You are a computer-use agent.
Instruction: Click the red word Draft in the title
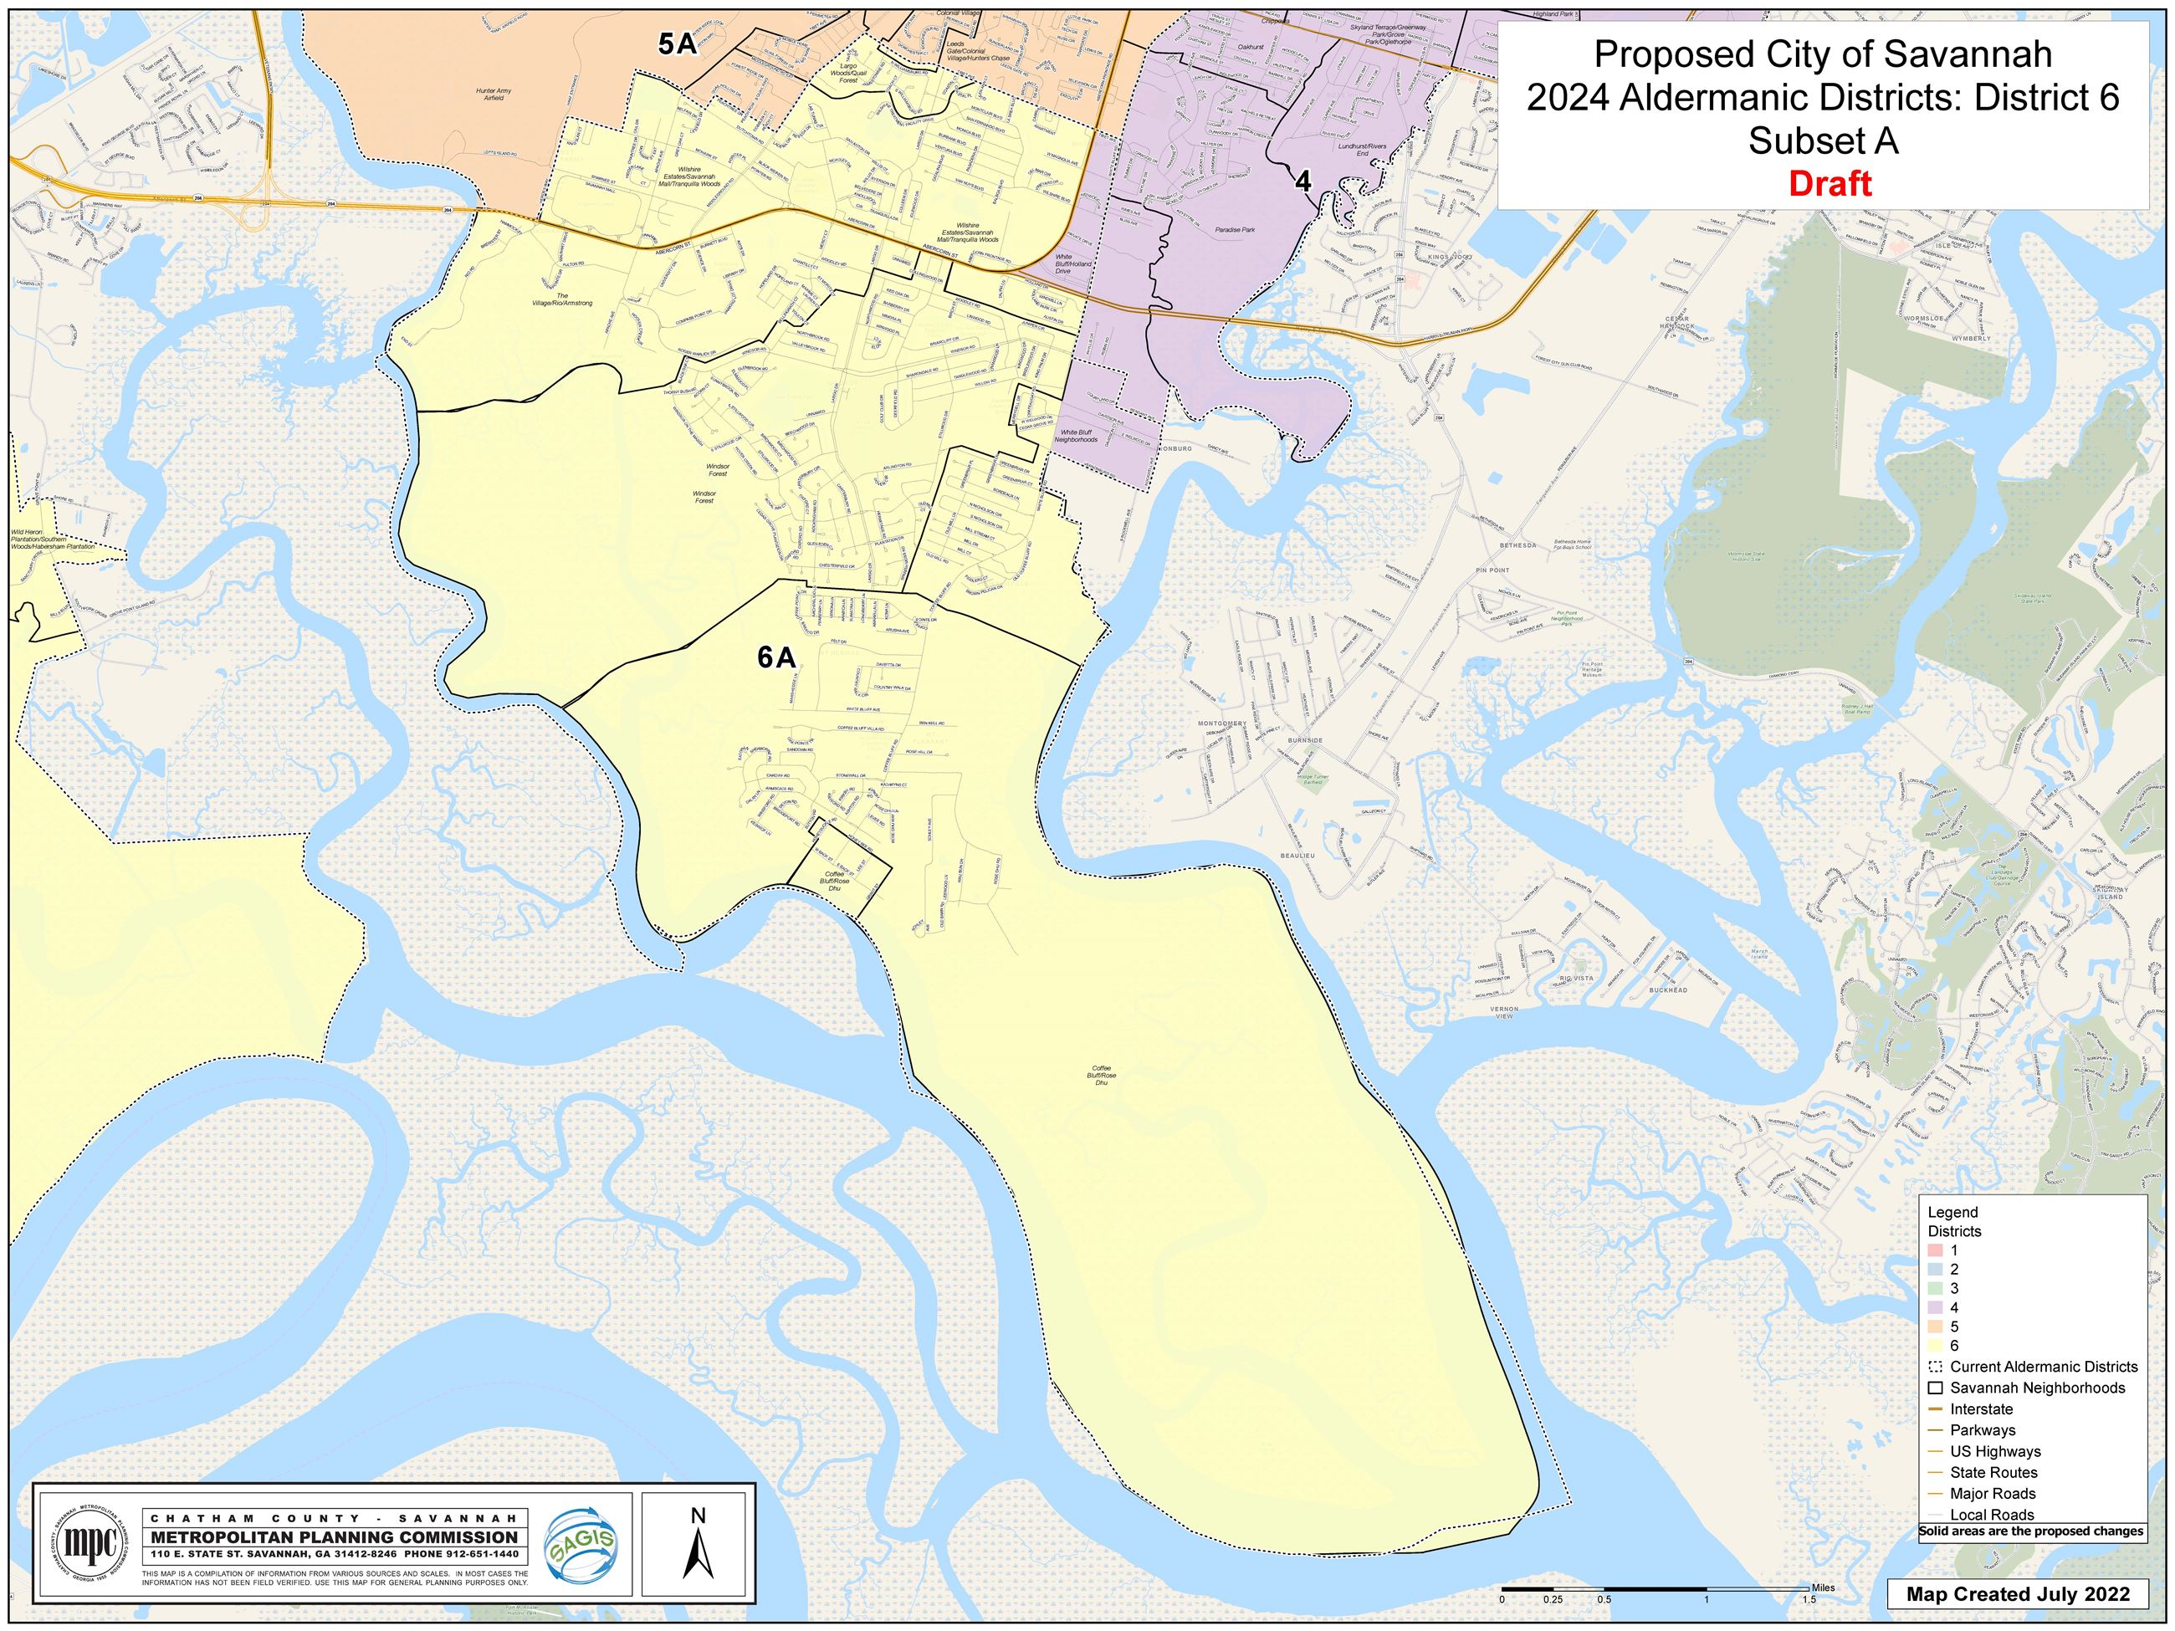[x=1830, y=184]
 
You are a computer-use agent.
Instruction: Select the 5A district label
[x=678, y=43]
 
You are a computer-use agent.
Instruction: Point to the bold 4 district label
[x=1302, y=182]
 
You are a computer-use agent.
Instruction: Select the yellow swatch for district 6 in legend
[x=1935, y=1345]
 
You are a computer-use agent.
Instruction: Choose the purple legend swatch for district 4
[x=1935, y=1306]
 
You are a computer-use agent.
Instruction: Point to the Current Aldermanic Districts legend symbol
[x=1935, y=1367]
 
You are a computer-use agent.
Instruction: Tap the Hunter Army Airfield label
[x=494, y=95]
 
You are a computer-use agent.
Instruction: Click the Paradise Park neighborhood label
[x=1234, y=229]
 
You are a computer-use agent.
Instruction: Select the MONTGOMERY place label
[x=1221, y=723]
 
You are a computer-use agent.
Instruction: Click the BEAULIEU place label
[x=1297, y=856]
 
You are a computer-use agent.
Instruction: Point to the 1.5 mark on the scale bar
[x=1809, y=1599]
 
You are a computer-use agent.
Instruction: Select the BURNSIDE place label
[x=1306, y=740]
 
